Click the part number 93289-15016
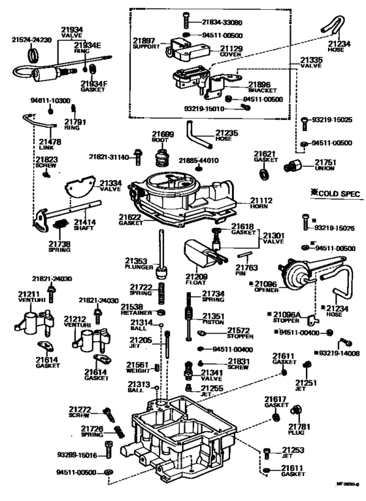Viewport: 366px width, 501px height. pos(76,455)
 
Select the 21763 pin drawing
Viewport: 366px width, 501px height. pos(246,254)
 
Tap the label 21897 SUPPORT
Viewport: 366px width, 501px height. pos(145,43)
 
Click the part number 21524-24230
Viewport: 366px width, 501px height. pos(31,39)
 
